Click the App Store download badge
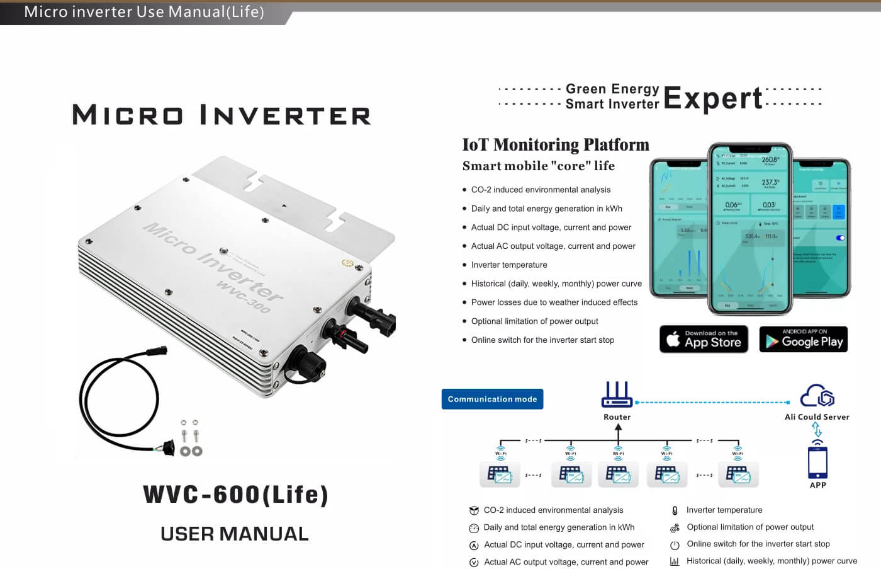tap(704, 339)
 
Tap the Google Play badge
tap(803, 339)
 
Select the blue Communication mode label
tap(492, 399)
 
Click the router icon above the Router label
tap(617, 394)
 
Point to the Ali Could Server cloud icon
tap(817, 396)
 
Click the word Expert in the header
tap(712, 98)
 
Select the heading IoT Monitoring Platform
tap(556, 145)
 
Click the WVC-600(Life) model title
tap(235, 495)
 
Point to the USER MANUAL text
tap(235, 534)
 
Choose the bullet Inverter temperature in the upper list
tap(509, 265)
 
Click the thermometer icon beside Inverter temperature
tap(675, 510)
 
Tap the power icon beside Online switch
tap(675, 544)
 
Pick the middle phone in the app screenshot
tap(749, 228)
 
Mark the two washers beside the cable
tap(191, 451)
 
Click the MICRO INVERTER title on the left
tap(222, 115)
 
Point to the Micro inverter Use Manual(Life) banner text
tap(144, 12)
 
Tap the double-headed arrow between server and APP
tap(817, 429)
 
